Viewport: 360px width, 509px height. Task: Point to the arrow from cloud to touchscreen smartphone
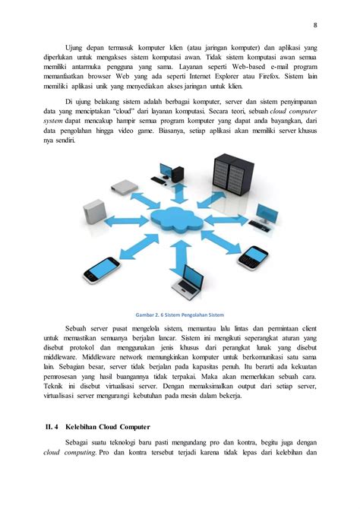(137, 245)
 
